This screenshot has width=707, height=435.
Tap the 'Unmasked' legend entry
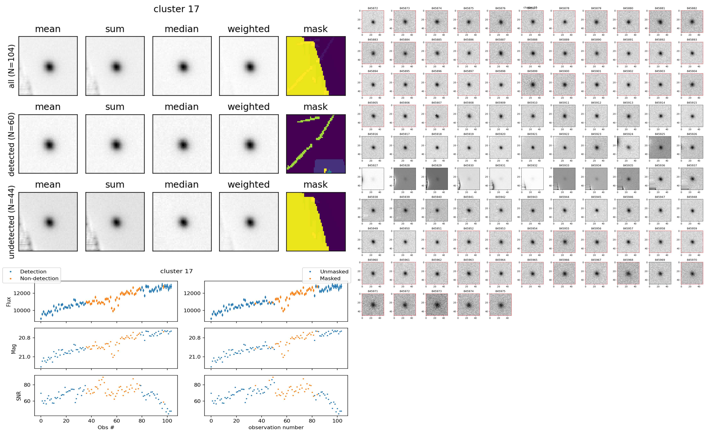pos(334,272)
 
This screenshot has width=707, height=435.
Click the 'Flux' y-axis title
pos(9,301)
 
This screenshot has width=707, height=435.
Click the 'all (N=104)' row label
pos(12,66)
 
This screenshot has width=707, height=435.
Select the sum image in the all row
pos(115,66)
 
